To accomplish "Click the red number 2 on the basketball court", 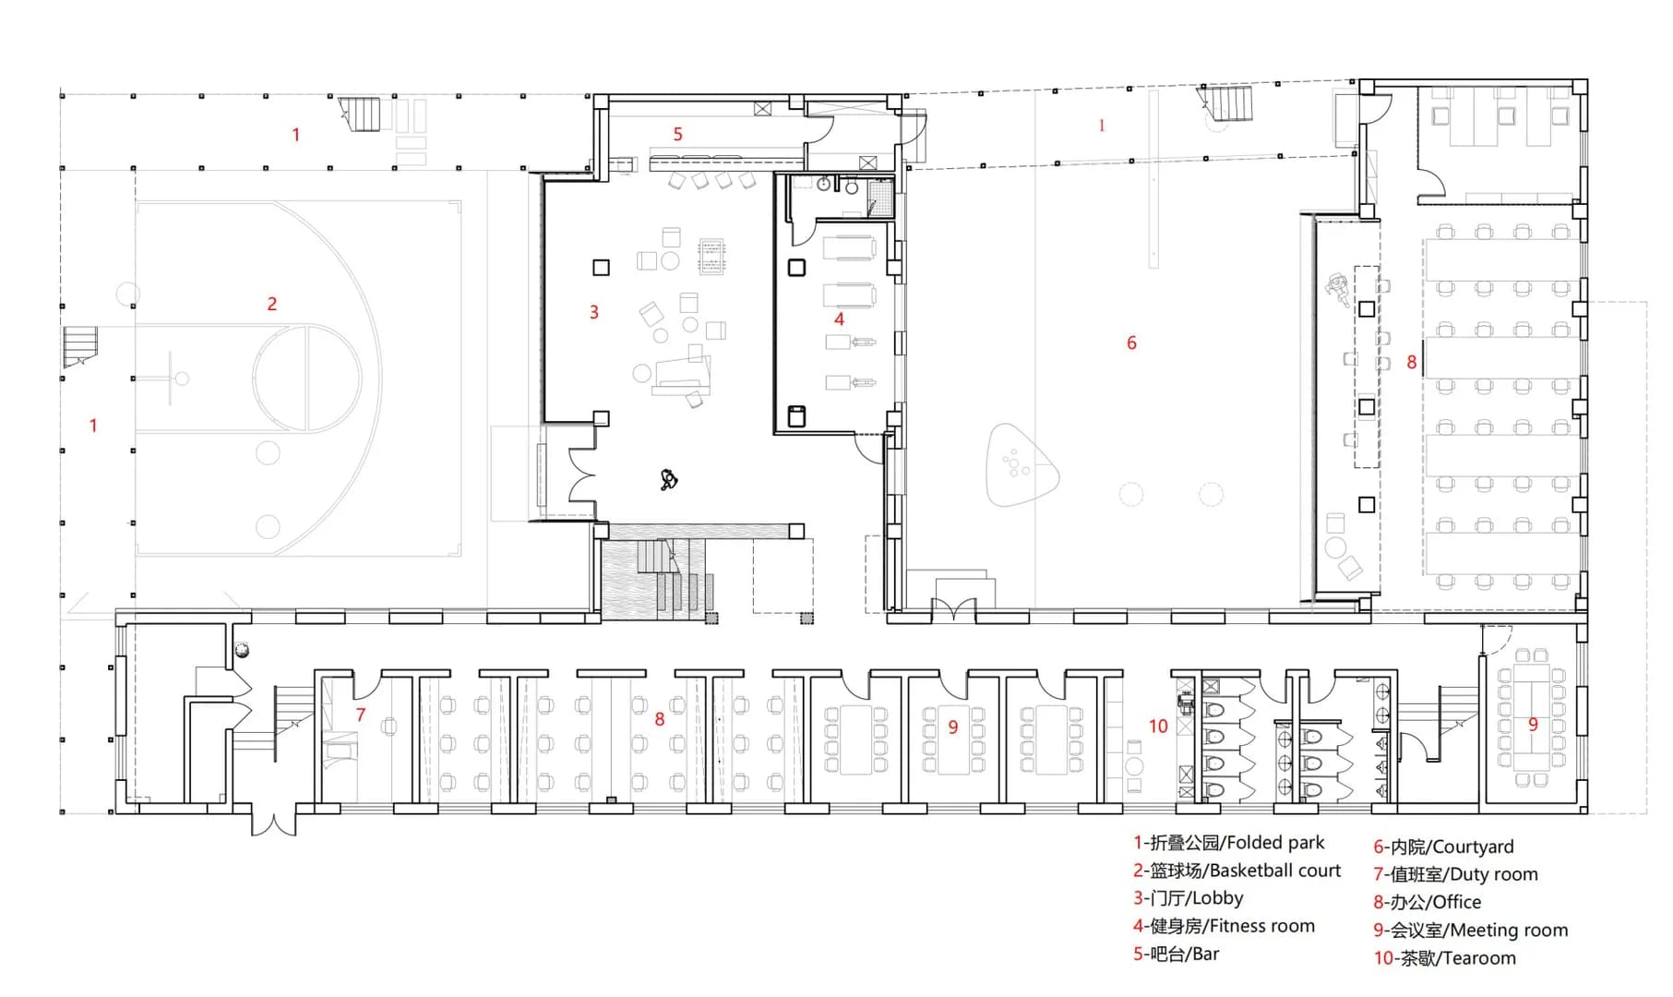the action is [272, 304].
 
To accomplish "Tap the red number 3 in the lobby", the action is [594, 313].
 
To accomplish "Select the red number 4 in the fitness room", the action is [839, 319].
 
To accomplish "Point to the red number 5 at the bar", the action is [677, 135].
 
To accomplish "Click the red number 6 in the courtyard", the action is [1131, 343].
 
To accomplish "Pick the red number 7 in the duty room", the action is [361, 715].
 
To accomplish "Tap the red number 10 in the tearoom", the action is [1158, 727].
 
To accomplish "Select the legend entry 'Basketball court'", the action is [1274, 871].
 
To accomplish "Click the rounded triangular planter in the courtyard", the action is [1021, 465].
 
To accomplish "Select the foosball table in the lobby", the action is [712, 257].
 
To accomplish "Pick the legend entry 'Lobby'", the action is [1217, 898].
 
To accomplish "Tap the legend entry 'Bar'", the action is [1205, 954].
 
